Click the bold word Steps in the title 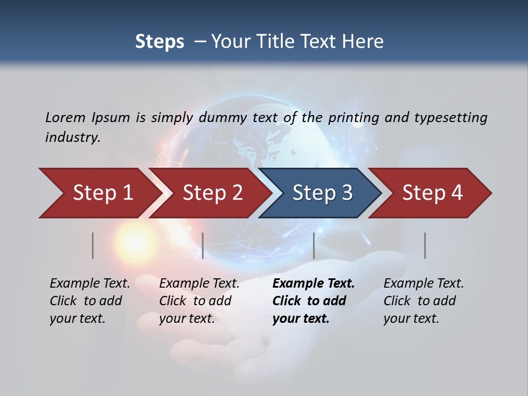(x=159, y=42)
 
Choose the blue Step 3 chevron (x=322, y=193)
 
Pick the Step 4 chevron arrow (x=432, y=193)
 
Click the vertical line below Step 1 (x=93, y=245)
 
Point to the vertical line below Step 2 (x=203, y=245)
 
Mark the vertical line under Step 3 (x=313, y=245)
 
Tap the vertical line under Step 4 (x=425, y=245)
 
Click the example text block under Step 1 (x=90, y=301)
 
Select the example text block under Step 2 (x=199, y=301)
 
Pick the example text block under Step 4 (x=424, y=301)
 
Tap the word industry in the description (x=73, y=137)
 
